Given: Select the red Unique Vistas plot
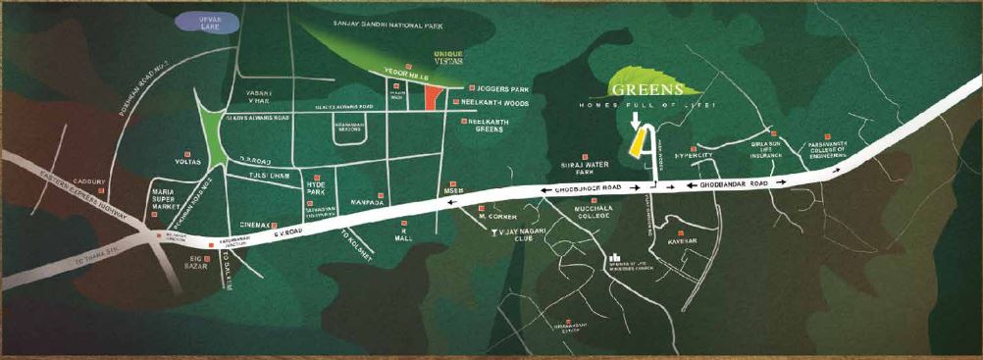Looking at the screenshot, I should [430, 95].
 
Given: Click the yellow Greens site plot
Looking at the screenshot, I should [638, 142].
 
